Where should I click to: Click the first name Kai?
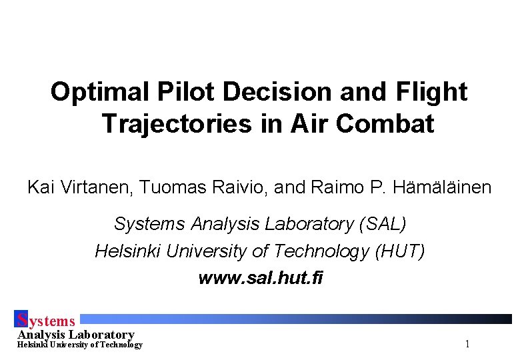tap(39, 187)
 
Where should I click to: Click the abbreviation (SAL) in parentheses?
tap(382, 224)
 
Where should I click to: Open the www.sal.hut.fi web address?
tap(260, 278)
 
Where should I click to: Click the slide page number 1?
tap(467, 344)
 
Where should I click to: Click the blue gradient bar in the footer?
tap(300, 319)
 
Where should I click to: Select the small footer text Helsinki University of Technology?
tap(79, 345)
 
